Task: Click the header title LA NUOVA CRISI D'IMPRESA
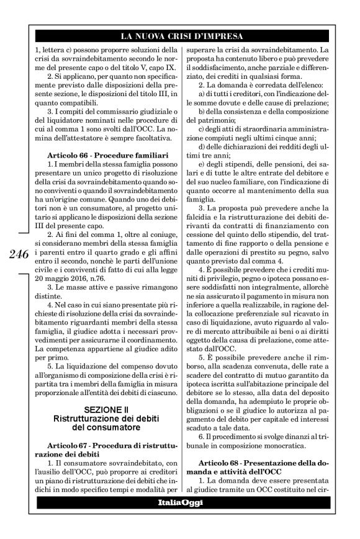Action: click(181, 36)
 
